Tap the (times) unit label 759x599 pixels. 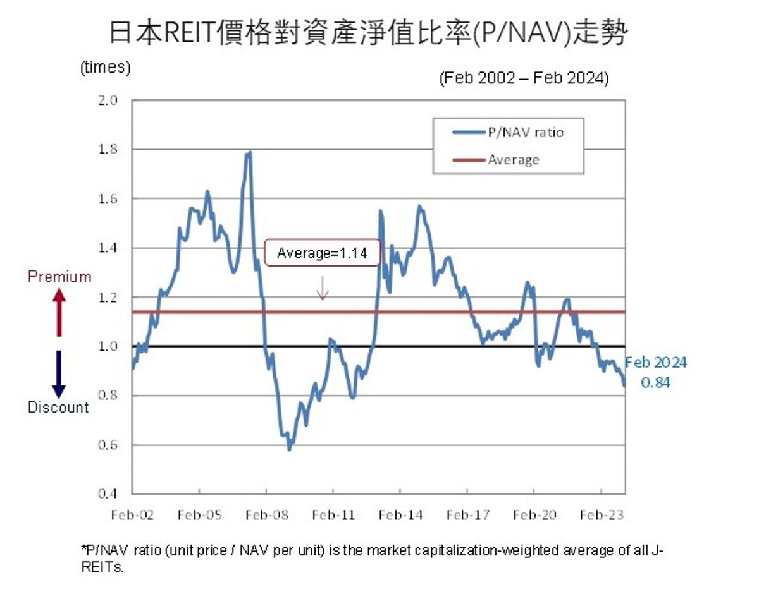[105, 68]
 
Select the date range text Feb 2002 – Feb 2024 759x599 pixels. [523, 78]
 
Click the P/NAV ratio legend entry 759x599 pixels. [525, 133]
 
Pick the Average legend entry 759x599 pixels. [513, 160]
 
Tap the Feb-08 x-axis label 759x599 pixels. [266, 516]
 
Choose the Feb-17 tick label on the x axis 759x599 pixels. [467, 516]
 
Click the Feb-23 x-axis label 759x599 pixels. [602, 516]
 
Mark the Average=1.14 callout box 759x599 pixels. [322, 253]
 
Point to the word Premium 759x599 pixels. [59, 277]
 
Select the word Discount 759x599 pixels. [58, 408]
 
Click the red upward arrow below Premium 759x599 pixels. [58, 312]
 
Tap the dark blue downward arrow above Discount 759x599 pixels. [58, 374]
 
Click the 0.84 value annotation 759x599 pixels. [655, 383]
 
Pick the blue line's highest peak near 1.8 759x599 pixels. [250, 152]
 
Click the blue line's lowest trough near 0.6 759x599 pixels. [289, 449]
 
